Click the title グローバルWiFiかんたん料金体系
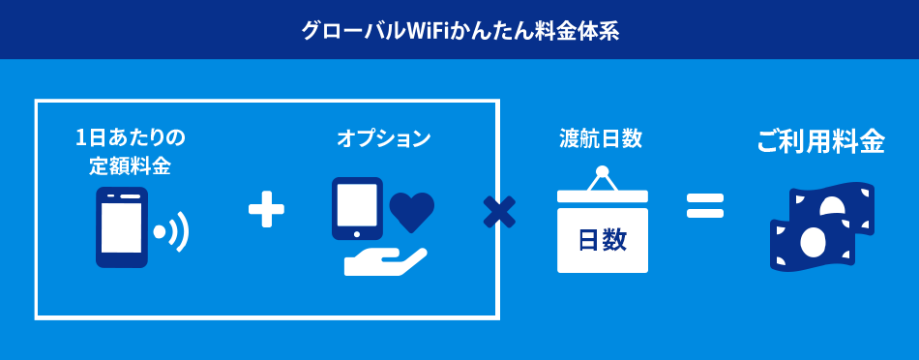[x=459, y=30]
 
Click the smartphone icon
[x=122, y=227]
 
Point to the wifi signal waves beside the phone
[x=175, y=232]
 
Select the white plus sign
[x=266, y=209]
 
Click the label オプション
[x=384, y=138]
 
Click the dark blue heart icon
[x=412, y=211]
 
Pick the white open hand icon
[x=383, y=260]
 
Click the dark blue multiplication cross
[x=499, y=212]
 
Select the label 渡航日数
[x=601, y=138]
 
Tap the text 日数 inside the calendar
[x=602, y=240]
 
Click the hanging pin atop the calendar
[x=602, y=173]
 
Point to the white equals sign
[x=705, y=204]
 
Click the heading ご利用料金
[x=820, y=141]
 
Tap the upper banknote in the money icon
[x=836, y=203]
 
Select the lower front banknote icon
[x=811, y=243]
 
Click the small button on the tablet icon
[x=356, y=233]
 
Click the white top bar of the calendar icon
[x=602, y=195]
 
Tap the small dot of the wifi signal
[x=158, y=233]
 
